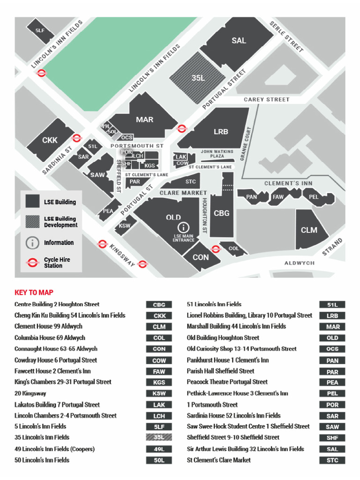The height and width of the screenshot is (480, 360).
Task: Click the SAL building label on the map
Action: click(239, 41)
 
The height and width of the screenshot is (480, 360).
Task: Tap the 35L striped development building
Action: click(198, 78)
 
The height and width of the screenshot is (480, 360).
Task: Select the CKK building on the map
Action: click(50, 140)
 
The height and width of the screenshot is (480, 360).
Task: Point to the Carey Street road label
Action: click(266, 100)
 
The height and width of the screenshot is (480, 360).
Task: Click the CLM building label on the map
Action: click(309, 230)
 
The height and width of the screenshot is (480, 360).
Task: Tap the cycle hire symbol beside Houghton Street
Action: click(216, 249)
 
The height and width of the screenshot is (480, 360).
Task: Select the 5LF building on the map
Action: click(40, 30)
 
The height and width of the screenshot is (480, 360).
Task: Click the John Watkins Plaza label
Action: click(217, 154)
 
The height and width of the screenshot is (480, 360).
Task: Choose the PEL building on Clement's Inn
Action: click(314, 197)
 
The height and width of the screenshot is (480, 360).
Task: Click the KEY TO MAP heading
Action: click(34, 292)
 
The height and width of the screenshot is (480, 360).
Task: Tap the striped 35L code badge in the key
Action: click(159, 437)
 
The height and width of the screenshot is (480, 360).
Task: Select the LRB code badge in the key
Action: click(332, 315)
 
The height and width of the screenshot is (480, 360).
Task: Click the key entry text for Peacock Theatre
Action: click(227, 382)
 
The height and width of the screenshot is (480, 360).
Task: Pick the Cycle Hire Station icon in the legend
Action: click(32, 262)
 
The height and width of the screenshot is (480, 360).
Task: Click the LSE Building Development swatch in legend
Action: click(32, 222)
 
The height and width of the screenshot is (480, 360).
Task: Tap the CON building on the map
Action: click(201, 257)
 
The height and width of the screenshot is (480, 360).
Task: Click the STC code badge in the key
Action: click(332, 460)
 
